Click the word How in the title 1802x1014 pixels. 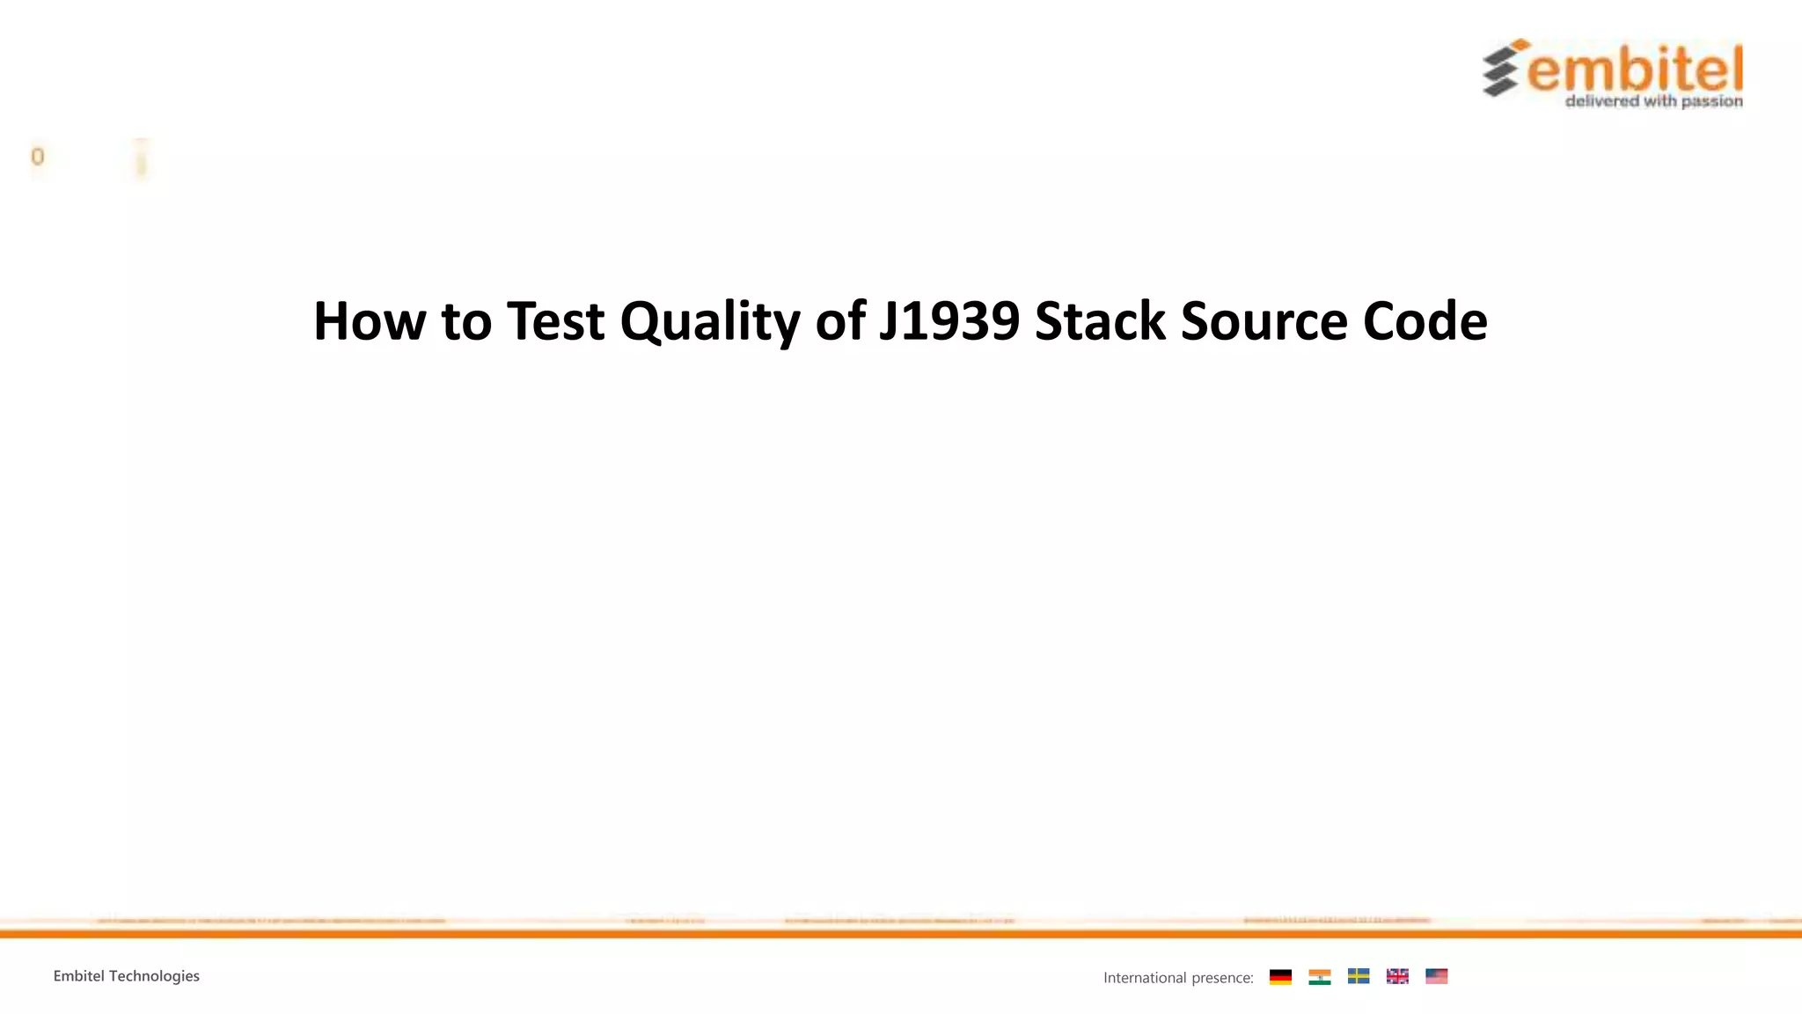pos(370,321)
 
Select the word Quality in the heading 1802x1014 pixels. pos(709,323)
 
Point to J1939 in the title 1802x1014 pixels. pos(949,321)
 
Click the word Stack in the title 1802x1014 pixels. pos(1100,321)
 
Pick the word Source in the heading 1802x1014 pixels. pos(1264,321)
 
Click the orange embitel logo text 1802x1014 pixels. pos(1635,69)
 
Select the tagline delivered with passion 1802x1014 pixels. pos(1653,101)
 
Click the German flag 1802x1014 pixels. pos(1280,976)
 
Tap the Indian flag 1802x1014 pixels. pos(1319,976)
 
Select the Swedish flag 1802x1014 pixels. pos(1358,976)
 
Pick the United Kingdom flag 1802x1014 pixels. pos(1397,976)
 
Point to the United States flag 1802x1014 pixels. pos(1436,976)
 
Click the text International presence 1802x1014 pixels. pos(1177,978)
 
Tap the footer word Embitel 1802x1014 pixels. pos(78,976)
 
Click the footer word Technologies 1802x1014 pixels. pos(154,976)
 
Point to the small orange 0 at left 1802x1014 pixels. pos(37,157)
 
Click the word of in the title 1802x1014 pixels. pos(839,321)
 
